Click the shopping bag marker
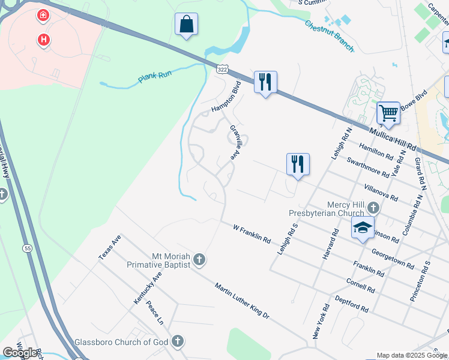pyautogui.click(x=187, y=25)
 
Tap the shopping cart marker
pyautogui.click(x=388, y=113)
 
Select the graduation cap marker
pyautogui.click(x=362, y=228)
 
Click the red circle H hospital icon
pyautogui.click(x=43, y=40)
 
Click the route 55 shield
pyautogui.click(x=28, y=248)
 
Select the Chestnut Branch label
pyautogui.click(x=329, y=36)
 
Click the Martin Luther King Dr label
pyautogui.click(x=243, y=300)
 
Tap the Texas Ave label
pyautogui.click(x=110, y=247)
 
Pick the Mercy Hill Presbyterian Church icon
pyautogui.click(x=373, y=208)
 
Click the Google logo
pyautogui.click(x=20, y=353)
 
